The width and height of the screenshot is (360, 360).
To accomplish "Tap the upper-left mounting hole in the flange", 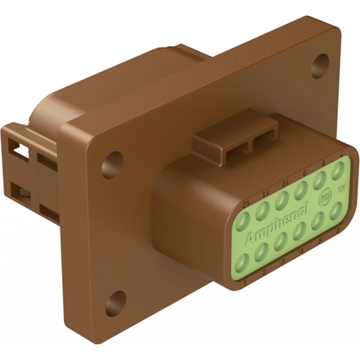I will pos(110,164).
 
